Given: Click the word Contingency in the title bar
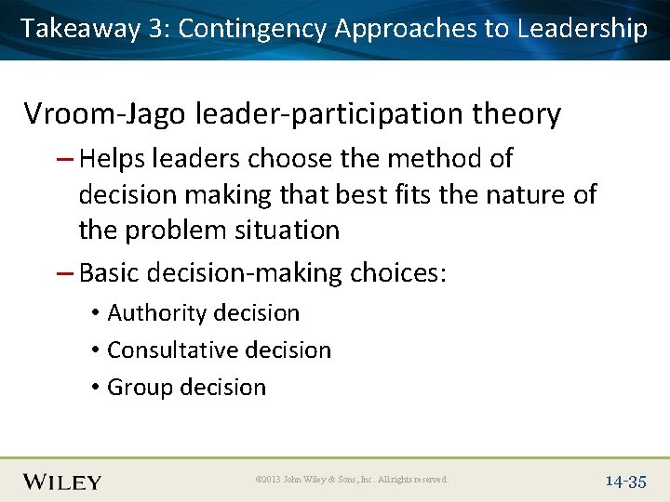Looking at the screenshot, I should click(251, 28).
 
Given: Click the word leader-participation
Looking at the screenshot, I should click(329, 114).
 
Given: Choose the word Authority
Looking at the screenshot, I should click(153, 313).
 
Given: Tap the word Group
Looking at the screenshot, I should click(135, 388).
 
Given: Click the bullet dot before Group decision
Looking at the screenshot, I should click(96, 388).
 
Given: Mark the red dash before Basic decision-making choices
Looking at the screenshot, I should click(67, 273).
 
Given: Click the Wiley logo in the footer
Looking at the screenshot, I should click(62, 481).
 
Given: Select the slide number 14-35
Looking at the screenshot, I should click(625, 481).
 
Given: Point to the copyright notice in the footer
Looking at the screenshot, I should click(351, 480).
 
